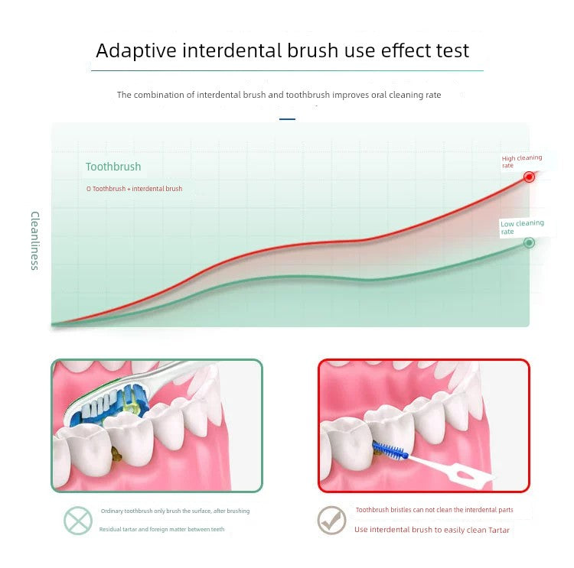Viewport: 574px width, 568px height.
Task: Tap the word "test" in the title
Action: tap(448, 51)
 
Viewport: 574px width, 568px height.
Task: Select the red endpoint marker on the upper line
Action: tap(528, 177)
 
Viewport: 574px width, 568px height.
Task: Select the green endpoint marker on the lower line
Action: tap(528, 243)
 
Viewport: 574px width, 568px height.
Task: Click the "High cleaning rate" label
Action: tap(521, 161)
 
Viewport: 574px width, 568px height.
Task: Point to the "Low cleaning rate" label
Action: tap(521, 227)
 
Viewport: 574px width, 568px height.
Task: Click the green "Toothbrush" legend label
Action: tap(113, 167)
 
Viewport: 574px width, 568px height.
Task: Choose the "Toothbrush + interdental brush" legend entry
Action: tap(134, 189)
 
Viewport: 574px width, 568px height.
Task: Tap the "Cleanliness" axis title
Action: tap(34, 240)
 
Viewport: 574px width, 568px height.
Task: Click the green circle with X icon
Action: tap(78, 521)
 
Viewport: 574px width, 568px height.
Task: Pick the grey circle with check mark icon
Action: tap(331, 521)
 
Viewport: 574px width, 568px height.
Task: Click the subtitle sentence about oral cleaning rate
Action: tap(279, 95)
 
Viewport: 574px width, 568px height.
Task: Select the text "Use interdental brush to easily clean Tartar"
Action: tap(432, 530)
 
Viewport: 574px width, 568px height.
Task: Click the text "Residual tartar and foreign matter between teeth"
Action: tap(161, 529)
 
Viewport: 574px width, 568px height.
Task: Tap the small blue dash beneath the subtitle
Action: tap(287, 119)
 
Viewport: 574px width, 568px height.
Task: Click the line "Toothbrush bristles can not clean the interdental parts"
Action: tap(434, 510)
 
